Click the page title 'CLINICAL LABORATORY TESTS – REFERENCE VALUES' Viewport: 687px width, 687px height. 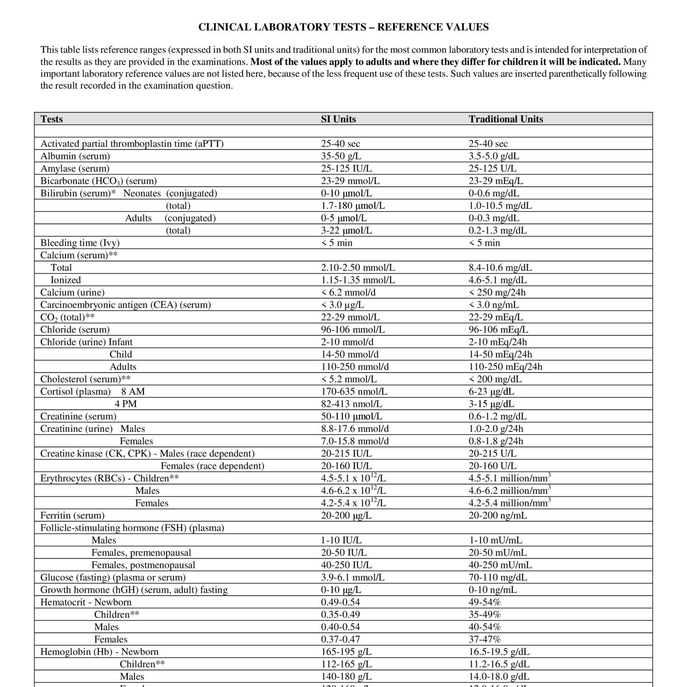[343, 27]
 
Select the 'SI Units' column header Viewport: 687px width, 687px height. [338, 119]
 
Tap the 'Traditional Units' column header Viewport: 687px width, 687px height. [506, 119]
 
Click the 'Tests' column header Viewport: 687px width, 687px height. [52, 119]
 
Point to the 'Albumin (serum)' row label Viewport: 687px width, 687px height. [75, 156]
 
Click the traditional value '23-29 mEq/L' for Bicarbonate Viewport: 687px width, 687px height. [496, 181]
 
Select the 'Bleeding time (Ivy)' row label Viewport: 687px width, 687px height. [80, 243]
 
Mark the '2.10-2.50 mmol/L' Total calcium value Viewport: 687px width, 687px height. [358, 267]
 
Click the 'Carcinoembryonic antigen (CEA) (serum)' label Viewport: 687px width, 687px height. [125, 305]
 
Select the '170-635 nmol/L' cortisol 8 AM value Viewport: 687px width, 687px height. [354, 392]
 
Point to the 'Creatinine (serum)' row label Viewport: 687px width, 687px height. [78, 416]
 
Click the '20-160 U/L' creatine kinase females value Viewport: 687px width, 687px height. [492, 466]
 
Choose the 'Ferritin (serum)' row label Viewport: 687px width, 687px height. [72, 515]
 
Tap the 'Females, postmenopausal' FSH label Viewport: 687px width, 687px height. [143, 565]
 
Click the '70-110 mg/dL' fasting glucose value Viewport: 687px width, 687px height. [497, 577]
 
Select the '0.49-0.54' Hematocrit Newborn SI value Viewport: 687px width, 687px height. [340, 602]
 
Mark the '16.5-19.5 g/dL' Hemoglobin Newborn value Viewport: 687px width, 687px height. [499, 651]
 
